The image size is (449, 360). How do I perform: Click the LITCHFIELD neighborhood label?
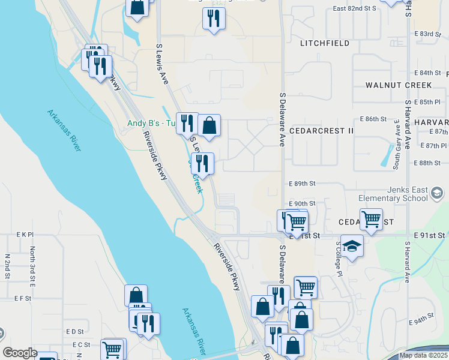[324, 43]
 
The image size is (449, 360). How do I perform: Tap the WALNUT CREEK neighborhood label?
[399, 85]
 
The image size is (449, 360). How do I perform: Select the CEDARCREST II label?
[321, 130]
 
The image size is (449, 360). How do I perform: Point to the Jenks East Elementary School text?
[393, 194]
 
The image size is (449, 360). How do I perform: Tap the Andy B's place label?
[149, 124]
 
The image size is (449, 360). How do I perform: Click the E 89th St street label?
[301, 184]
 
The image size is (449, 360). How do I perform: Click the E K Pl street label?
[25, 234]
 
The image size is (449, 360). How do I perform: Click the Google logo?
[20, 353]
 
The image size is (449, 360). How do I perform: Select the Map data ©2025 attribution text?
[423, 355]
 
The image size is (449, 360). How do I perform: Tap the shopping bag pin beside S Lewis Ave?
[209, 126]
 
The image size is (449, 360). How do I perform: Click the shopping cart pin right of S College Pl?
[371, 218]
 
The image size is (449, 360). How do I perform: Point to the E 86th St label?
[373, 119]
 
